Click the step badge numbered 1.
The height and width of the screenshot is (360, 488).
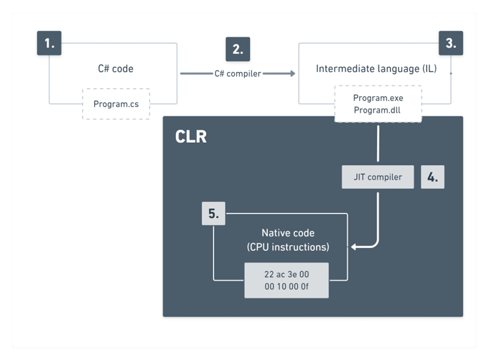[x=49, y=43]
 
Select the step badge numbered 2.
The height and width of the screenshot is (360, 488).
[x=237, y=49]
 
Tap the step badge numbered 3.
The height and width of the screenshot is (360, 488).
[x=451, y=43]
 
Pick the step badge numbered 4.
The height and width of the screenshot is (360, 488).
[x=432, y=178]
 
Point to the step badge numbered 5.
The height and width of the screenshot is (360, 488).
[x=214, y=213]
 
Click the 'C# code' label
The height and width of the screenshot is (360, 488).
[x=116, y=69]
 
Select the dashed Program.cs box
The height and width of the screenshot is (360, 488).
[x=116, y=104]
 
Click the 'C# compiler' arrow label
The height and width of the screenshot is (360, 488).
[x=237, y=73]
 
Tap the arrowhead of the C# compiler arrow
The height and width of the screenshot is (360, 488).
[x=292, y=73]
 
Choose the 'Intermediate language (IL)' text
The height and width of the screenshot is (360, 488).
[x=376, y=69]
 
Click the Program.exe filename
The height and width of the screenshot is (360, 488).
[x=378, y=98]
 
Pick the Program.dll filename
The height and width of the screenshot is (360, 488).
[x=378, y=110]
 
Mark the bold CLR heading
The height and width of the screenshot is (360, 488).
[x=191, y=137]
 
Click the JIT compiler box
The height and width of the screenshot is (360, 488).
[x=377, y=178]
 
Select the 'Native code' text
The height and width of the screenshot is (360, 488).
[x=288, y=233]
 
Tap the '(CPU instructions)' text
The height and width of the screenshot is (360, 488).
[x=288, y=247]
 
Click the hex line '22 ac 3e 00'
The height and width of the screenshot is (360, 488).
[x=286, y=275]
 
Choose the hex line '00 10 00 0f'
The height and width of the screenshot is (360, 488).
[x=286, y=286]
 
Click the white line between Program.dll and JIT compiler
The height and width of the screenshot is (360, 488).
[x=378, y=143]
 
